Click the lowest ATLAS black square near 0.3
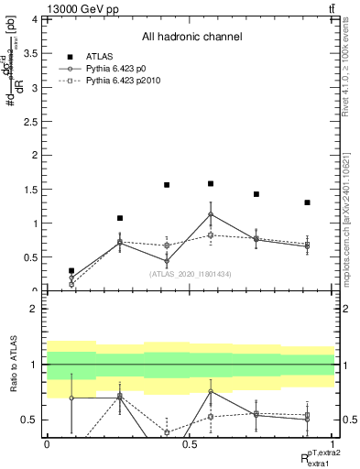(x=71, y=271)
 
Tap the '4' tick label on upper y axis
(x=35, y=19)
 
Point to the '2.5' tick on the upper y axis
(x=30, y=121)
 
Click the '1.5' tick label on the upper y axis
(x=30, y=190)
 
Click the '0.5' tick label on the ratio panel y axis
(x=30, y=420)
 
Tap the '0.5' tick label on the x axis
(x=189, y=444)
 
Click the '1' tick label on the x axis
(x=332, y=444)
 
